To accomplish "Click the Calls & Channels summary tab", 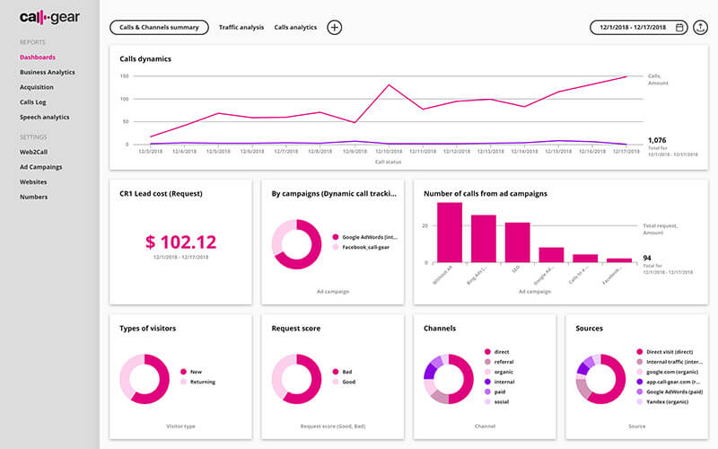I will pos(159,28).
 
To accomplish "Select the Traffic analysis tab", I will pos(241,28).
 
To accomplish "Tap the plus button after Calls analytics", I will pos(334,28).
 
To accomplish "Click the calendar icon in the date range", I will pos(679,28).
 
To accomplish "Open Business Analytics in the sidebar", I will pos(48,72).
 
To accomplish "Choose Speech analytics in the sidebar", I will pos(45,117).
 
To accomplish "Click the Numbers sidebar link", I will pos(33,197).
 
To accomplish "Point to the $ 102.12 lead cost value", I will pos(180,242).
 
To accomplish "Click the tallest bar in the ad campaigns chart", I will pos(450,233).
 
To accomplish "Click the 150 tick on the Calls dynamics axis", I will pos(124,76).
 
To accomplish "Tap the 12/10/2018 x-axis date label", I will pos(389,152).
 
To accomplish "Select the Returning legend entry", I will pos(202,382).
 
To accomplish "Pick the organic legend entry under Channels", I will pos(503,371).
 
